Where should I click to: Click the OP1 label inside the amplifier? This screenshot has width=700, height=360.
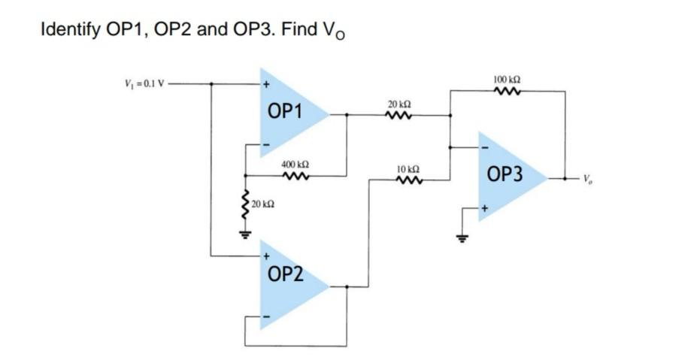284,112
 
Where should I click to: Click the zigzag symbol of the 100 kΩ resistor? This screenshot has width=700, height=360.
508,92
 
